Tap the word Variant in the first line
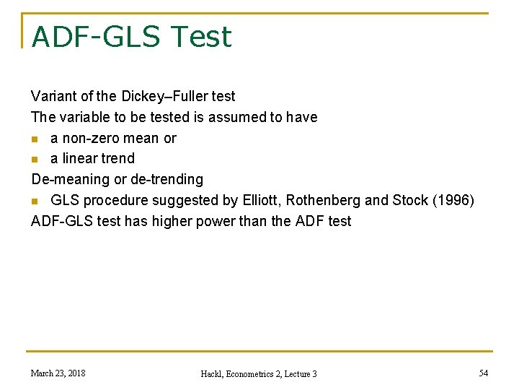pyautogui.click(x=53, y=96)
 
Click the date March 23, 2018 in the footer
pyautogui.click(x=58, y=373)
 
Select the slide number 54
pyautogui.click(x=482, y=373)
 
